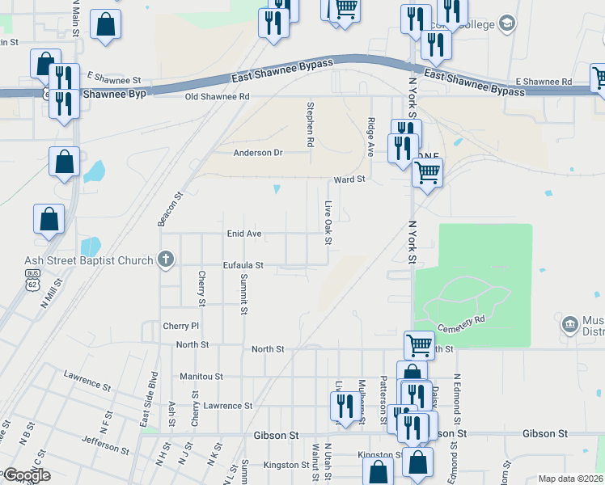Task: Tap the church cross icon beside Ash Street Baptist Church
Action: pos(165,259)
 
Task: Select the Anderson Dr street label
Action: pos(258,152)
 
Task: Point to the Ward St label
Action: pos(350,179)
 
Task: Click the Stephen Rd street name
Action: pos(310,124)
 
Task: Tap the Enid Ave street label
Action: pos(243,234)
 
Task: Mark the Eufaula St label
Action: pos(243,265)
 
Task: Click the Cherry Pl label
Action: pos(180,326)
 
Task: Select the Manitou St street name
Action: pos(201,377)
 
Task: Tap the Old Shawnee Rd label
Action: pos(217,96)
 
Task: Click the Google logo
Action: pos(26,475)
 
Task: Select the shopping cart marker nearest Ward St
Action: pos(427,171)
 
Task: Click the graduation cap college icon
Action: pos(507,23)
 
